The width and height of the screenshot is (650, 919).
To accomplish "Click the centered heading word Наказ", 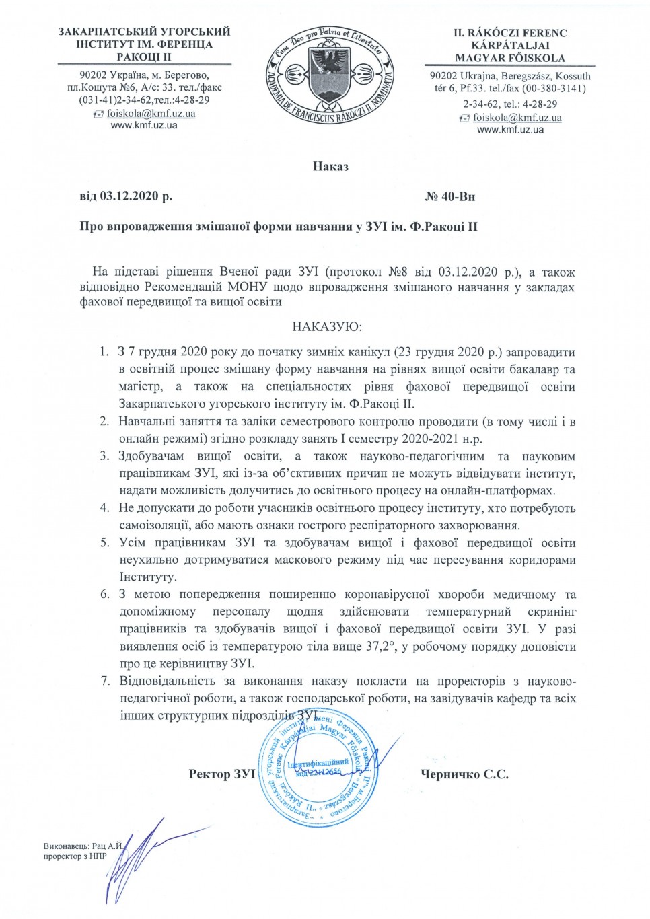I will click(x=330, y=166).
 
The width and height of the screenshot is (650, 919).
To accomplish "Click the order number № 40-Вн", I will click(x=450, y=197).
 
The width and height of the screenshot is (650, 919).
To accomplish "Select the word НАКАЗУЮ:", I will click(x=327, y=328).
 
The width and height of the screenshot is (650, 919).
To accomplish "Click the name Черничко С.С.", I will click(x=464, y=774).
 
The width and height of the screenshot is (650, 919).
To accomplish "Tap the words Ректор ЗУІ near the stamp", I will click(x=222, y=774).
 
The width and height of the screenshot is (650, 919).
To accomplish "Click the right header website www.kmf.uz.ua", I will click(x=510, y=130).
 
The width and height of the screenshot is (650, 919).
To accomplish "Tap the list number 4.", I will click(x=104, y=508).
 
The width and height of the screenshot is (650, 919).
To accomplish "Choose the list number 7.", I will click(x=104, y=681).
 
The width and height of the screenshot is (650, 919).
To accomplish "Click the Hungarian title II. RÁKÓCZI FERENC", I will click(x=510, y=33).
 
